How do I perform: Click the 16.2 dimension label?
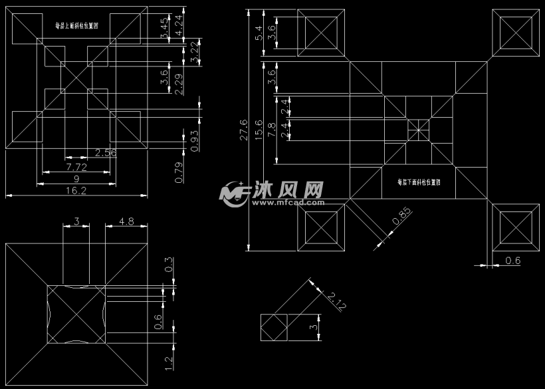[x=76, y=190]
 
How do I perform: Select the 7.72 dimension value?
[x=76, y=166]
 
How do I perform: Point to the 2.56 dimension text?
[x=106, y=153]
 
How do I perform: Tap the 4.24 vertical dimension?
[x=178, y=25]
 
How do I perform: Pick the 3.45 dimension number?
[x=164, y=28]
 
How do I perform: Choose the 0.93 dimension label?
[x=194, y=140]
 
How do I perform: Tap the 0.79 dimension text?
[x=178, y=172]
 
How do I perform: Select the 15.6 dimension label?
[x=259, y=130]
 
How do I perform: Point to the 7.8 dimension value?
[x=271, y=130]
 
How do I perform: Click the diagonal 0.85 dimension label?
[x=401, y=218]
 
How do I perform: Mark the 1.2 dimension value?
[x=168, y=363]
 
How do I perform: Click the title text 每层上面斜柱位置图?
[x=76, y=26]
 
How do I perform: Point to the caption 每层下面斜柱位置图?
[x=420, y=181]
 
